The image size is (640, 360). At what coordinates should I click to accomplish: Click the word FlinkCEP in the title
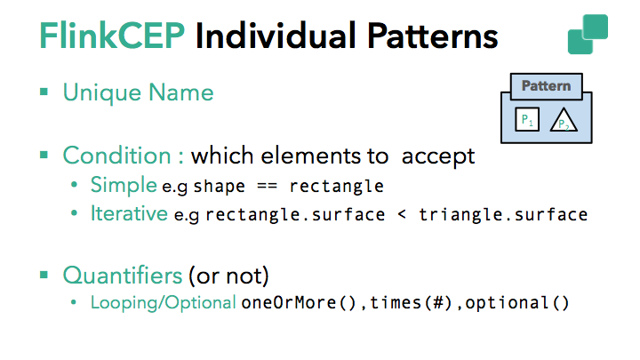[112, 36]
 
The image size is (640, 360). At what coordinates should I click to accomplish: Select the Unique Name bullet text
[138, 92]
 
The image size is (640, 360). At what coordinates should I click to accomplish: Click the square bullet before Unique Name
[44, 92]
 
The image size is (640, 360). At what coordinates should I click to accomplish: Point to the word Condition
[117, 156]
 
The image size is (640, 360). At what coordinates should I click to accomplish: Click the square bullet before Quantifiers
[44, 274]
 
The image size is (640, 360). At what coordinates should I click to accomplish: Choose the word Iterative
[127, 213]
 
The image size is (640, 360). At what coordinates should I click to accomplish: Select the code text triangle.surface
[504, 214]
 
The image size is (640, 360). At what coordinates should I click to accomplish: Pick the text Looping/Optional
[164, 302]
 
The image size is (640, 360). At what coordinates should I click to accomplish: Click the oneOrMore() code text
[300, 303]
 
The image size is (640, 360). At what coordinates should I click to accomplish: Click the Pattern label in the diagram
[546, 86]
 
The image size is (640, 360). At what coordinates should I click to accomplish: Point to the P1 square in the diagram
[527, 119]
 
